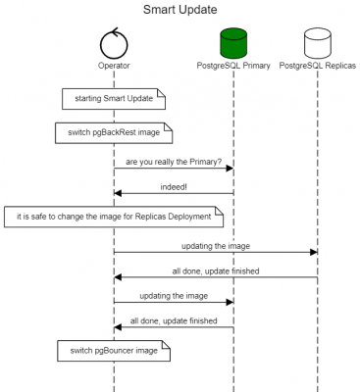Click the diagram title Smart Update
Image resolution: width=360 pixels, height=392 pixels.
pos(180,10)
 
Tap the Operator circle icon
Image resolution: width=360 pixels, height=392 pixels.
pos(114,42)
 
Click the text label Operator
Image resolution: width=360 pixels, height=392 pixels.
pos(114,66)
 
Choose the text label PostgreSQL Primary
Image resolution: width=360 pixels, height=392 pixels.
pos(233,66)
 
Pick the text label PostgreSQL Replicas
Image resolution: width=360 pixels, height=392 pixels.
pos(318,66)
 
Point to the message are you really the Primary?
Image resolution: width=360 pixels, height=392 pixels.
pos(173,161)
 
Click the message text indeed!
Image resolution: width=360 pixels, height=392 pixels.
pos(174,183)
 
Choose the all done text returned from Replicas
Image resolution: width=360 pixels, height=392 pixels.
pos(216,269)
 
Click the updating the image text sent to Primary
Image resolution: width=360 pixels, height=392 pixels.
pos(173,294)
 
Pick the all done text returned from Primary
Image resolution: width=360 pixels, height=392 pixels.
pos(174,319)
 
